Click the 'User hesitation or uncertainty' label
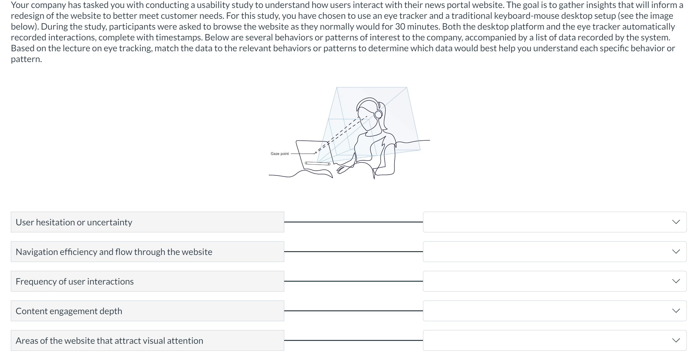74,222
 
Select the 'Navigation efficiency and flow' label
114,252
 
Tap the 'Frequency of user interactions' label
74,281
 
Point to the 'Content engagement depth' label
69,311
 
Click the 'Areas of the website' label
109,341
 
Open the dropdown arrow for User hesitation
676,222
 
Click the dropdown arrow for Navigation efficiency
676,251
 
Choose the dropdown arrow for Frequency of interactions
676,281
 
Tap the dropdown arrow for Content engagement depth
676,311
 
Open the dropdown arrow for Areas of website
676,340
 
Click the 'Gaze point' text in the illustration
279,154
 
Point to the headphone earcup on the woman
378,114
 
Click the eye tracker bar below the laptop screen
318,164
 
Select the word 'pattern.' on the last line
26,59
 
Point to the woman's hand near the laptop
342,168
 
